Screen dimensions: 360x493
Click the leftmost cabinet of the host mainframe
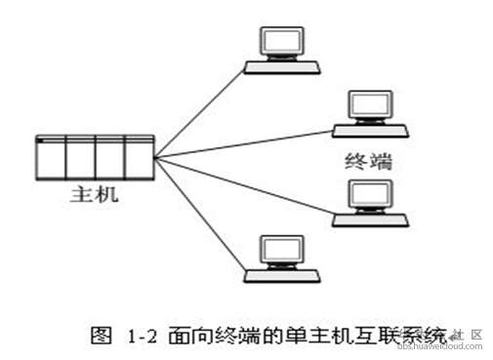[49, 155]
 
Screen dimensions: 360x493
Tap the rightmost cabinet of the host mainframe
[140, 155]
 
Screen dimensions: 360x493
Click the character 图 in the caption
[99, 337]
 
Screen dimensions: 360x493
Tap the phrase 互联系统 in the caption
[395, 337]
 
